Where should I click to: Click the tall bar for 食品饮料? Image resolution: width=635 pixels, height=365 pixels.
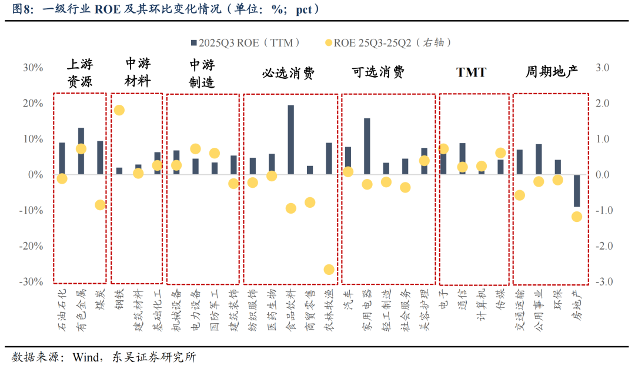(x=290, y=140)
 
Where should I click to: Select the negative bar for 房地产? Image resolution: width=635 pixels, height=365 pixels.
(x=576, y=191)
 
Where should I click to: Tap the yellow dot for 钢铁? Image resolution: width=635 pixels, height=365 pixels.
(x=119, y=110)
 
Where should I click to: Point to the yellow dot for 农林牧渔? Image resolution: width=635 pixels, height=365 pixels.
(x=329, y=270)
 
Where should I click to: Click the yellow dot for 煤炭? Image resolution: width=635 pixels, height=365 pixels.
(x=100, y=205)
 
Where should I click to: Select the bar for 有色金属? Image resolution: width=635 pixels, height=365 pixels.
(x=81, y=151)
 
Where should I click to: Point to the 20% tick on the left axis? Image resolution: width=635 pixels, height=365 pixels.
(x=33, y=104)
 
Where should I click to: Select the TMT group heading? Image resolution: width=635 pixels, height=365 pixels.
(x=472, y=72)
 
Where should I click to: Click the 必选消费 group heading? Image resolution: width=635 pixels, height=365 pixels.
(x=288, y=73)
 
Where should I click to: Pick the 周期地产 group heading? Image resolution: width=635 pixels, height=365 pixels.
(x=552, y=72)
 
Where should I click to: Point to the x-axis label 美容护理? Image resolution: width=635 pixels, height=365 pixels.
(x=423, y=304)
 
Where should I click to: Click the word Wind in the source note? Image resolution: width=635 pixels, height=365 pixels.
(x=85, y=357)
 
